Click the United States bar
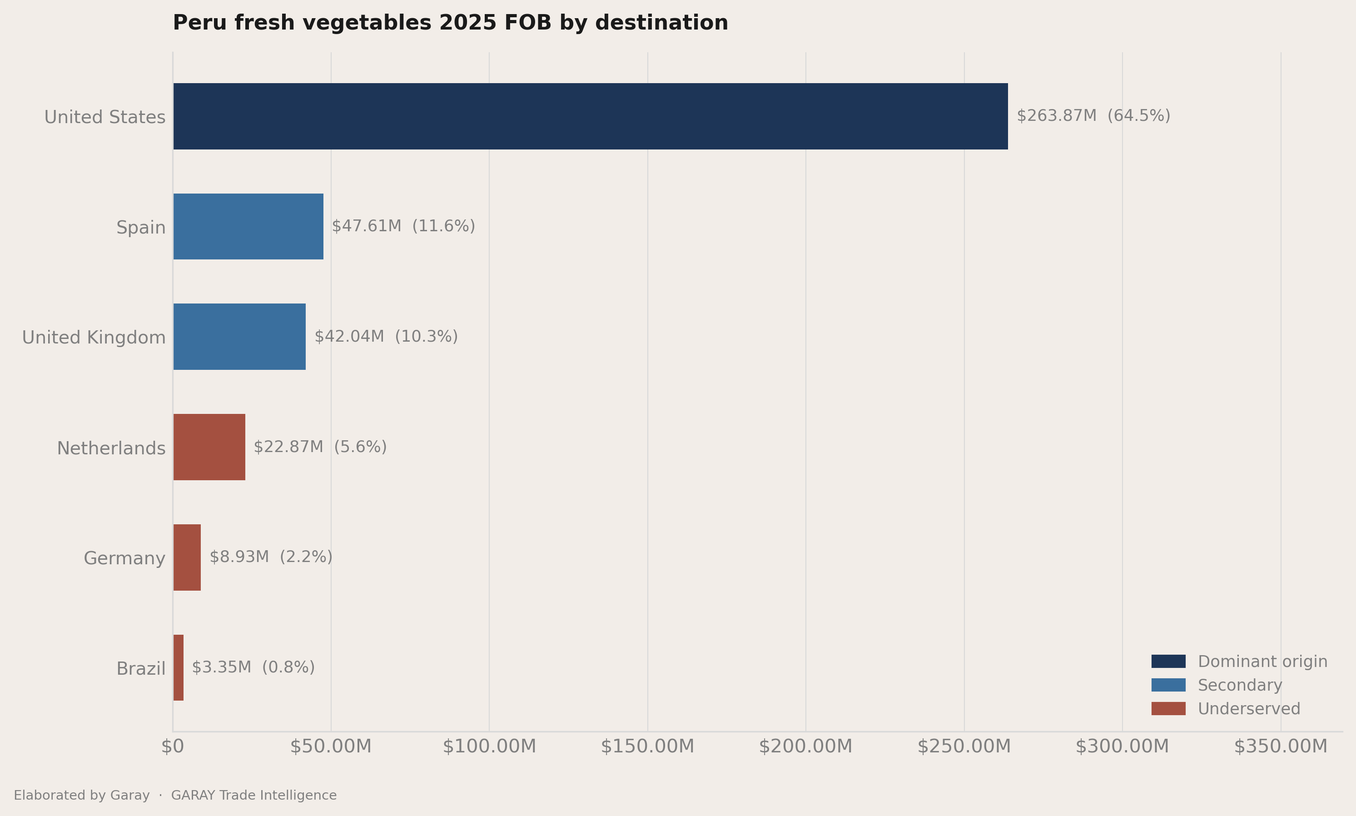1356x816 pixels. click(591, 116)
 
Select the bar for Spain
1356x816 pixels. click(248, 227)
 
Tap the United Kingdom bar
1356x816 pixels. click(240, 337)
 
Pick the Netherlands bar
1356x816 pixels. click(209, 447)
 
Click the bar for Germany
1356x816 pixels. click(187, 557)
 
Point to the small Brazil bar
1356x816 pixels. click(179, 667)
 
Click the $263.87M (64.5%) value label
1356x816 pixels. click(1093, 116)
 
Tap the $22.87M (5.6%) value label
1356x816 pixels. click(320, 447)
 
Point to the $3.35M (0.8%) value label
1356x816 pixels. click(253, 667)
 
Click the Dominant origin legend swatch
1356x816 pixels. click(1168, 662)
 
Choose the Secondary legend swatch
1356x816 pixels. click(1168, 685)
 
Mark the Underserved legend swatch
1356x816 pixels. click(1168, 709)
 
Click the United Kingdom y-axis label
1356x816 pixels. click(94, 338)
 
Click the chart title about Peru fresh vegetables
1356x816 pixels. click(450, 23)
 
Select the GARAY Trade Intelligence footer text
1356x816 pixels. click(254, 795)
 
